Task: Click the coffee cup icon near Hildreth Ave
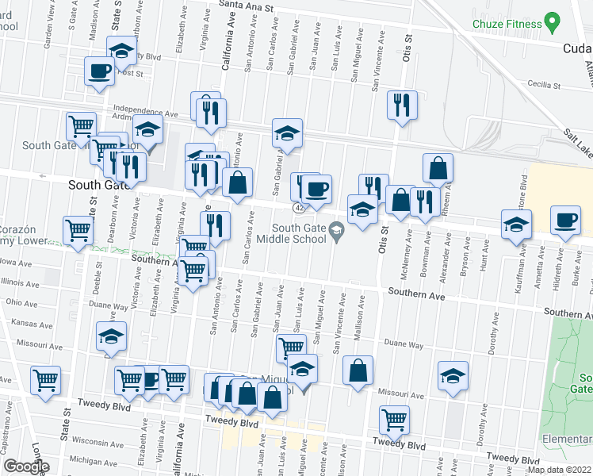point(567,221)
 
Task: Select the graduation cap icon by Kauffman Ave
point(516,225)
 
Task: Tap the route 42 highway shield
point(299,207)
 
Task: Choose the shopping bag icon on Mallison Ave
point(358,371)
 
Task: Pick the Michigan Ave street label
point(92,459)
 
